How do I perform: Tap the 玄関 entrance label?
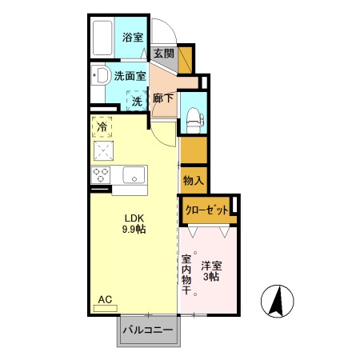click(163, 54)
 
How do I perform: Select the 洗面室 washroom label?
click(130, 77)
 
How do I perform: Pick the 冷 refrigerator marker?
click(103, 125)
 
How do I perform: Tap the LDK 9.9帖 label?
click(134, 222)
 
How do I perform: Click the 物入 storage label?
click(193, 180)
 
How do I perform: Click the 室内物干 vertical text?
click(186, 274)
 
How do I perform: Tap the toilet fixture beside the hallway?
click(194, 117)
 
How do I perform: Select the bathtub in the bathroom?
click(102, 38)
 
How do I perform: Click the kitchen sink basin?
click(133, 174)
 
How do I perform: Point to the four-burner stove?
click(102, 174)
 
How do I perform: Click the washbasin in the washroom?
click(99, 78)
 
